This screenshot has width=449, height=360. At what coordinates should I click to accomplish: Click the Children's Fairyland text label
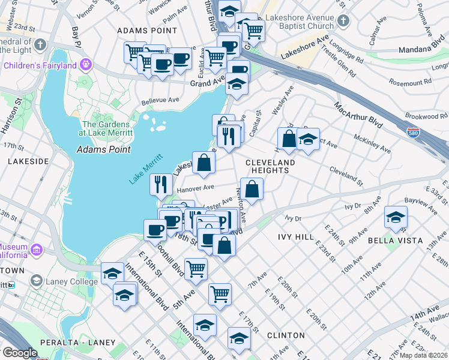(39, 64)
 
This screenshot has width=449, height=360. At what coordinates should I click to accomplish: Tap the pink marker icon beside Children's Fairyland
(86, 64)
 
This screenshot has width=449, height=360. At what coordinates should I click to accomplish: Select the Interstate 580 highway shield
(412, 131)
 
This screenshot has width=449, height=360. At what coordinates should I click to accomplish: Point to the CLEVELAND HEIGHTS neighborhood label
(270, 166)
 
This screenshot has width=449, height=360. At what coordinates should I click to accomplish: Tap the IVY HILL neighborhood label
(295, 237)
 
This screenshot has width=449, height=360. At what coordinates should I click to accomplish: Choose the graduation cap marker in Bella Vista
(396, 217)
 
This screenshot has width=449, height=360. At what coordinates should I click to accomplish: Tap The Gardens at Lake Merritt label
(108, 128)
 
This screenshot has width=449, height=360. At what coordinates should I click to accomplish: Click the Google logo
(20, 353)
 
